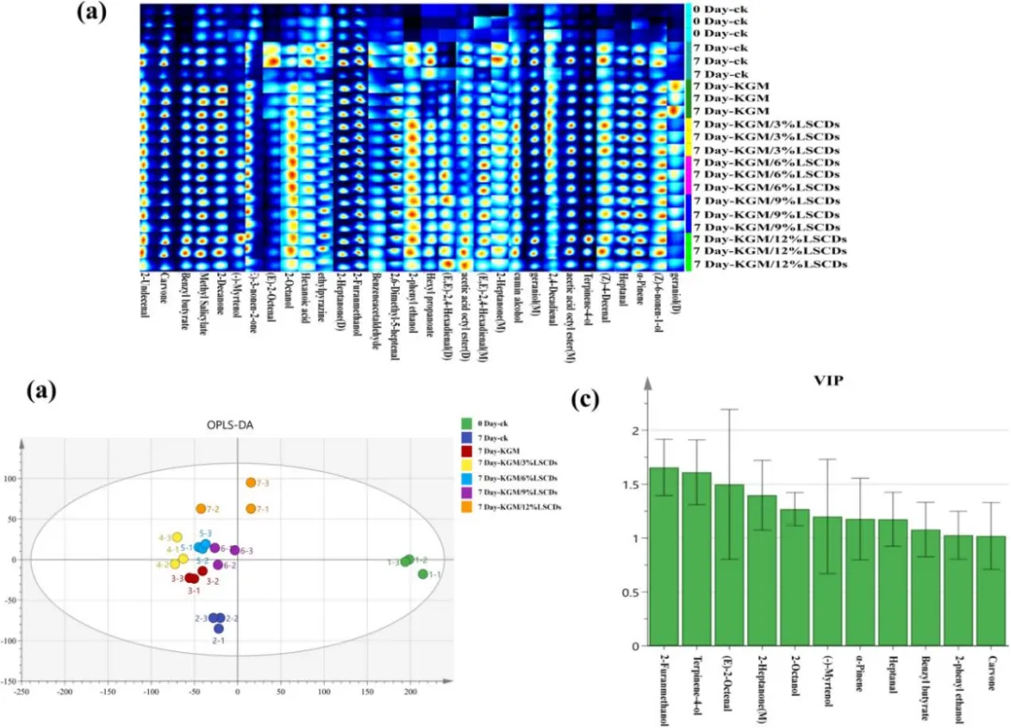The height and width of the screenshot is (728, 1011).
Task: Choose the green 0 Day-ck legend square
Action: point(467,425)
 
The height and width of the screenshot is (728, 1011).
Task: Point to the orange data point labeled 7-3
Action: point(251,483)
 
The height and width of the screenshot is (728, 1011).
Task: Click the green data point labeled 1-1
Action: point(423,573)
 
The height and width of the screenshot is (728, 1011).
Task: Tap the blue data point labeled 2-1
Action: point(218,629)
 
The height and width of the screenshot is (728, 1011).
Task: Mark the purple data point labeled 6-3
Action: point(235,550)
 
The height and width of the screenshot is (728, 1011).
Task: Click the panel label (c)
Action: point(585,401)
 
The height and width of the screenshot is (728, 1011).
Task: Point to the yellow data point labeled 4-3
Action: point(177,537)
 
